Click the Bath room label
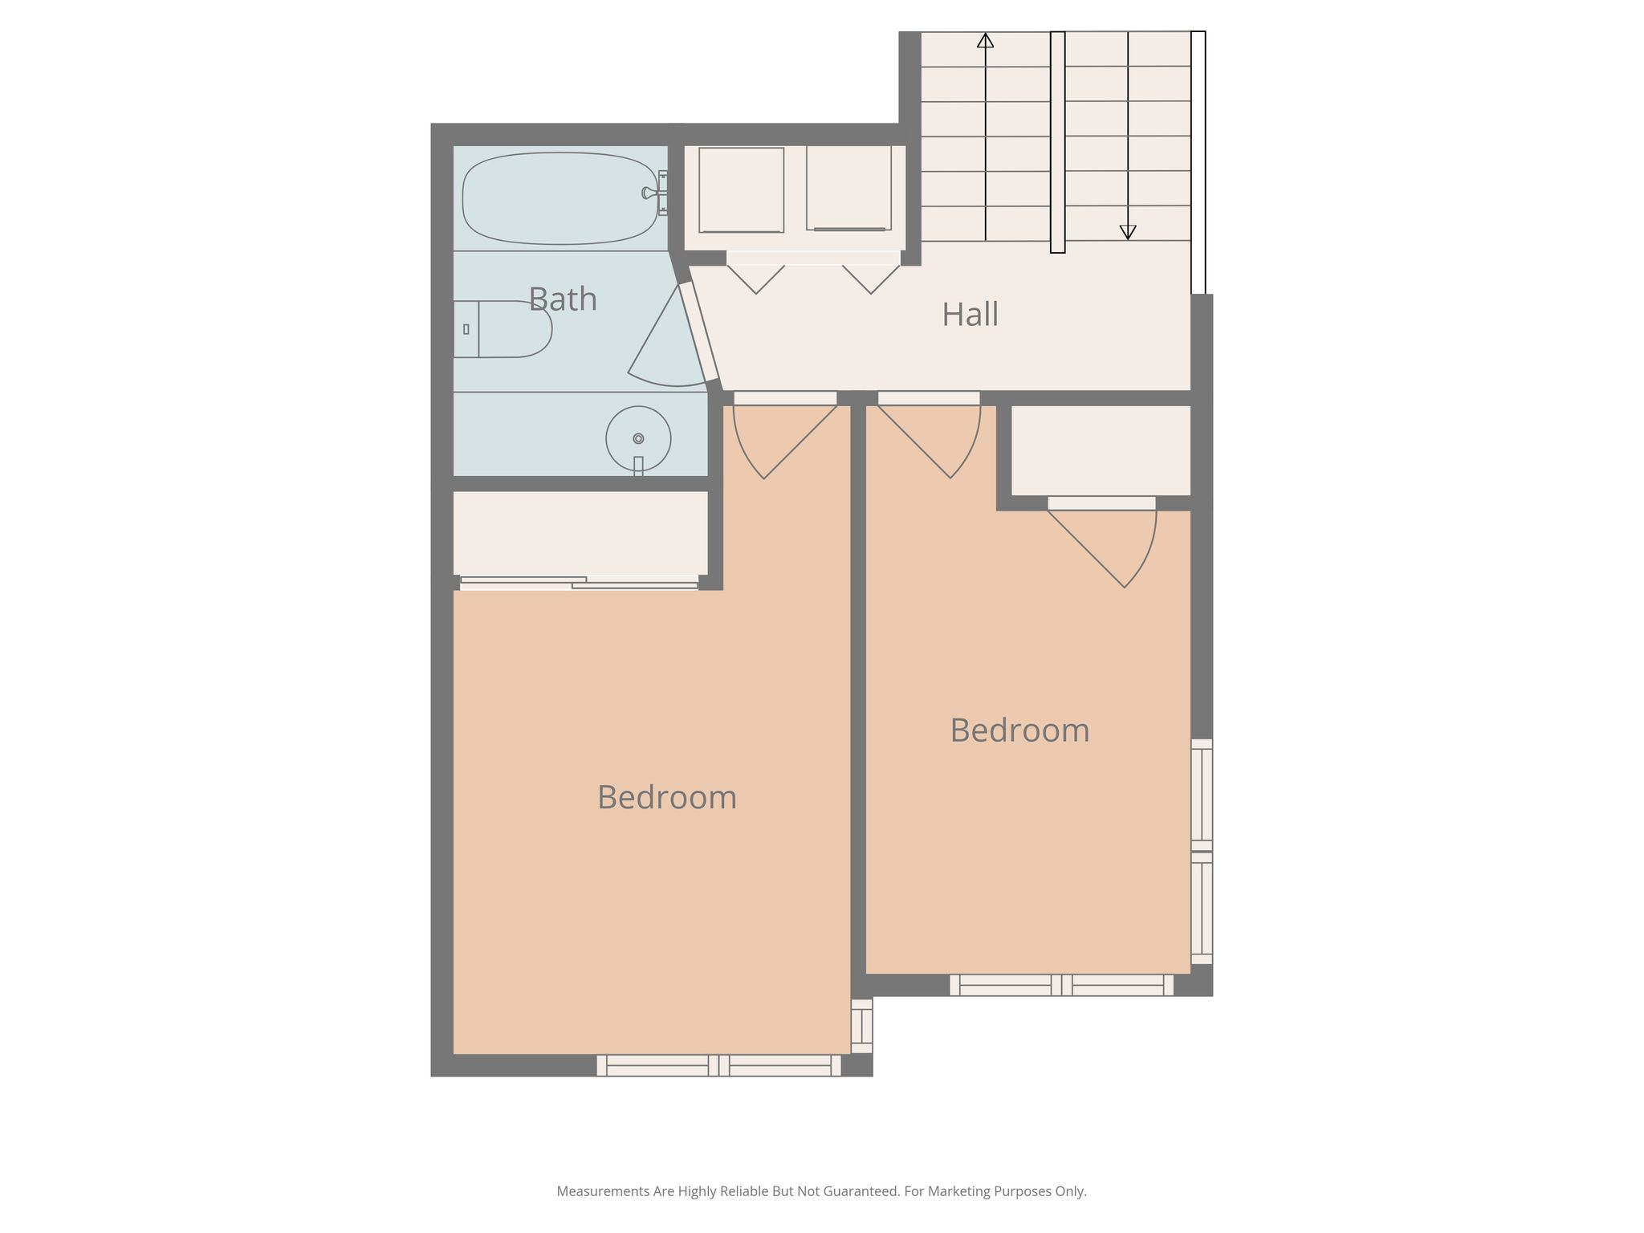coord(563,299)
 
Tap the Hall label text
coord(970,314)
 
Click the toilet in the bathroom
coord(503,329)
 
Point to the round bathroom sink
coord(638,439)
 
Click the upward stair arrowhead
coord(985,40)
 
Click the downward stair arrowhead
coord(1128,233)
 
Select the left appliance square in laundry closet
coord(742,190)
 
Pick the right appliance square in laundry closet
coord(849,189)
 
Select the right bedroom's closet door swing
coord(1102,543)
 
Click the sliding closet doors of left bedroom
coord(580,583)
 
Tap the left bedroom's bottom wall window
coord(718,1065)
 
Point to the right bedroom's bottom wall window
coord(1061,985)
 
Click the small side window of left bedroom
coord(861,1026)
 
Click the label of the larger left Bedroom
coord(667,797)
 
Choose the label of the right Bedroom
coord(1019,730)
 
